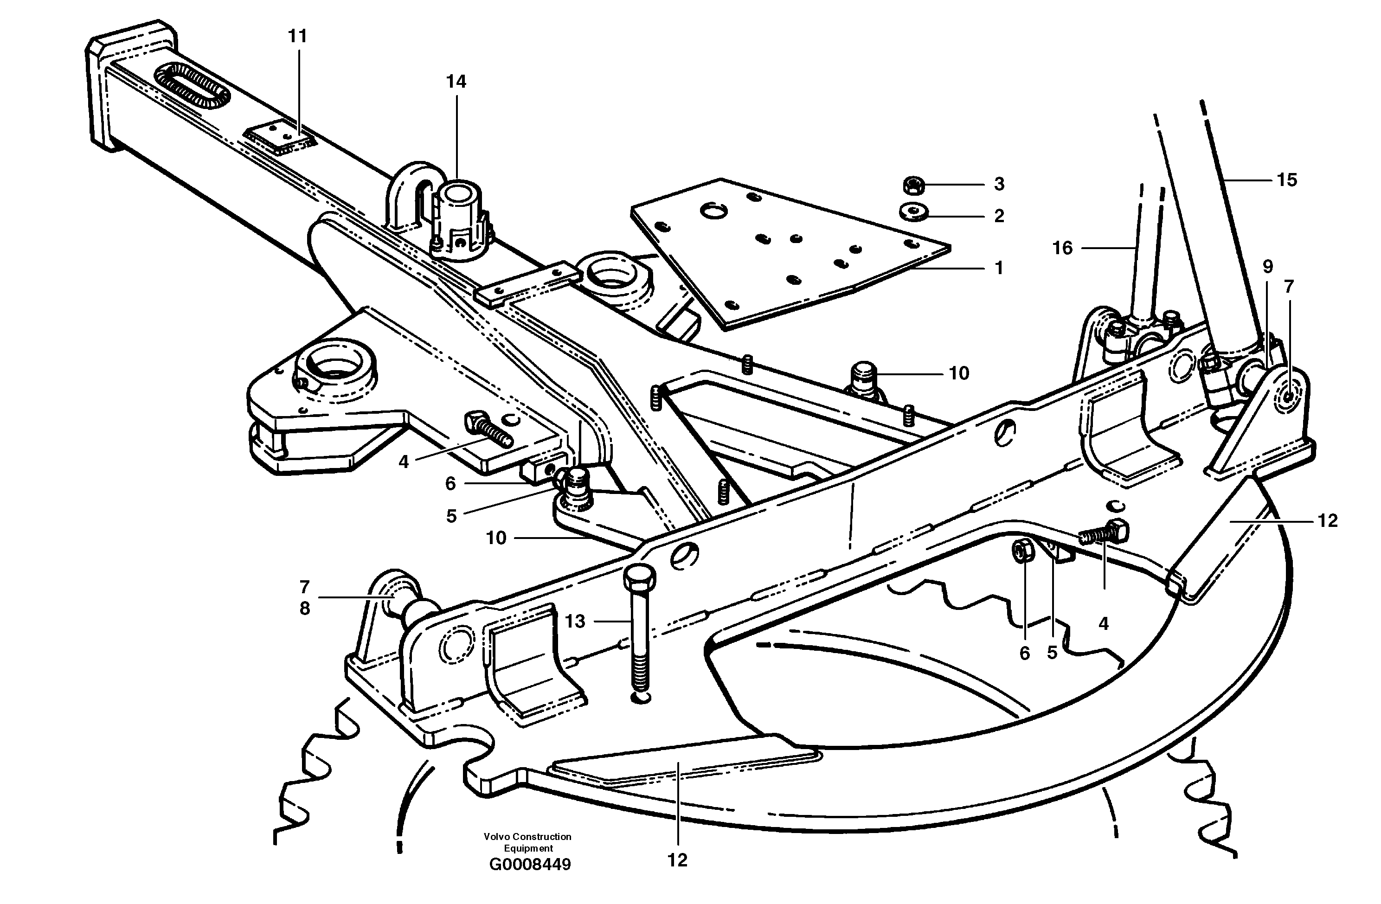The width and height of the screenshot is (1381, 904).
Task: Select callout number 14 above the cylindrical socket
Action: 456,82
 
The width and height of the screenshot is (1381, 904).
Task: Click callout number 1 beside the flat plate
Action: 999,268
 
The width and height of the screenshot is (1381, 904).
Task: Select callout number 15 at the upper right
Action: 1287,180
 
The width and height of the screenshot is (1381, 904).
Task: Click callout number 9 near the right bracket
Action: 1268,266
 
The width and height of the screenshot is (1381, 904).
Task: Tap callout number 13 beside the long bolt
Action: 575,622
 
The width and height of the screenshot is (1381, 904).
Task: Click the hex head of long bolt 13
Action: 639,577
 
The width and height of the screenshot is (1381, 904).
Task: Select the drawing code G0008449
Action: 530,881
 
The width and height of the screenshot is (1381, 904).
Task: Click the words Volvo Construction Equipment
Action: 527,842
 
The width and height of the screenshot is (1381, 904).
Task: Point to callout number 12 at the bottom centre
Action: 677,860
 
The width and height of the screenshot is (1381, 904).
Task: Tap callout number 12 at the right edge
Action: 1328,520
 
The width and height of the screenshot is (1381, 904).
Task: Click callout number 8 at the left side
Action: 305,609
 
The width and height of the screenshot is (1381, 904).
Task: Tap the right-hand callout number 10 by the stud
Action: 958,373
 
